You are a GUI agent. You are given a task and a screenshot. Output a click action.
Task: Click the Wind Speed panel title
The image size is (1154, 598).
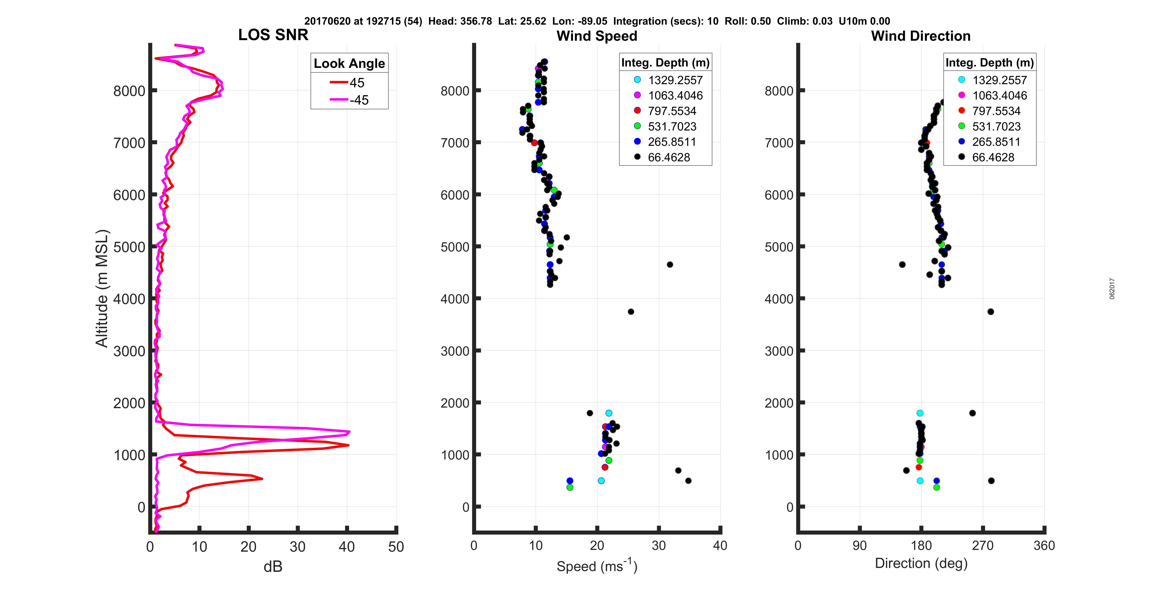(x=597, y=36)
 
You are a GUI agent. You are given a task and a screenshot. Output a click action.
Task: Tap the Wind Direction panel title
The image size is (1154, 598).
(x=921, y=36)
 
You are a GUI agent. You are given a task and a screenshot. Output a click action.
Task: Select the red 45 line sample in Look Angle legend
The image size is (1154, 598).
(x=339, y=82)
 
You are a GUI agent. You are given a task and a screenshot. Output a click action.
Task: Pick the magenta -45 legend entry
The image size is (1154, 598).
(x=349, y=100)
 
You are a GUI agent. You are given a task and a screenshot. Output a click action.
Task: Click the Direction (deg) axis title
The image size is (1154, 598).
(x=921, y=563)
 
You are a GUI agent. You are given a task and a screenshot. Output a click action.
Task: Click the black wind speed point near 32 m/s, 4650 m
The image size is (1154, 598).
(x=670, y=265)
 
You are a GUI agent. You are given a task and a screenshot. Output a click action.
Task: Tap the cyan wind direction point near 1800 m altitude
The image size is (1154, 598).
(x=920, y=413)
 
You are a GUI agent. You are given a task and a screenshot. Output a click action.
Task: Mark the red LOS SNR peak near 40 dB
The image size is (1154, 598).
(x=348, y=445)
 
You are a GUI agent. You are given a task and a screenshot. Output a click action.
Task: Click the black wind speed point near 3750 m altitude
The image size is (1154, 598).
(x=631, y=312)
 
